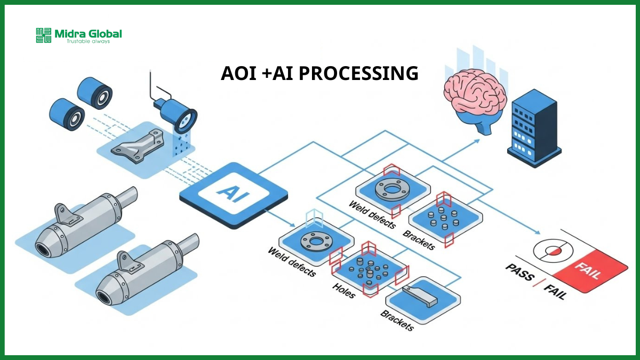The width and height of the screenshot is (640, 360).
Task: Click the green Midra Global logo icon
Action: click(44, 35)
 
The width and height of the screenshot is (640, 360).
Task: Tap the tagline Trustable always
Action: click(88, 41)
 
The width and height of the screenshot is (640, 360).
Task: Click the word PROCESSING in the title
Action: click(358, 74)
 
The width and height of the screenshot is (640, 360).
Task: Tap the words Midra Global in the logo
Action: click(88, 34)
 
